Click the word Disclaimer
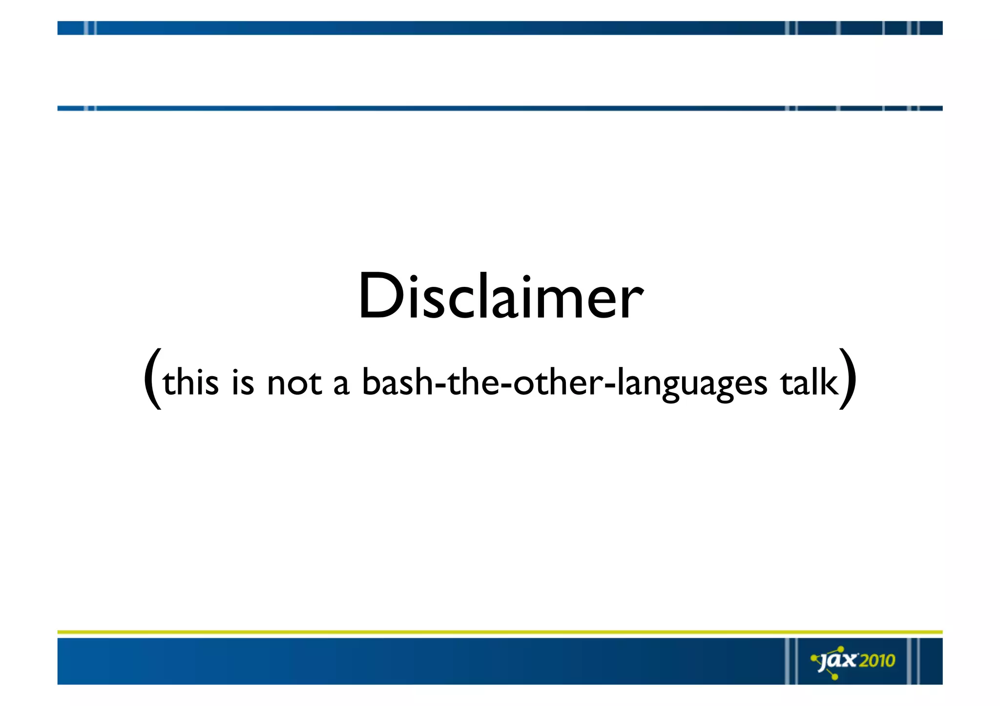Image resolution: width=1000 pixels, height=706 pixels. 500,297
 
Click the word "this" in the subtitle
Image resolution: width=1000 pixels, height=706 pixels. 190,382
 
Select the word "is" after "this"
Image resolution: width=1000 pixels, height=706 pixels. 243,382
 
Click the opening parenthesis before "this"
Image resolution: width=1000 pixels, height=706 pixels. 153,378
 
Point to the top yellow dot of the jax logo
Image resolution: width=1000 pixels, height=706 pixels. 841,648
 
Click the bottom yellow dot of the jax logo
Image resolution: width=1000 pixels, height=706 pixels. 834,677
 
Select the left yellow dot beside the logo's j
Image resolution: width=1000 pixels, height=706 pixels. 814,658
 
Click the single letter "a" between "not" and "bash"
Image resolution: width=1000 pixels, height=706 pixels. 341,384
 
